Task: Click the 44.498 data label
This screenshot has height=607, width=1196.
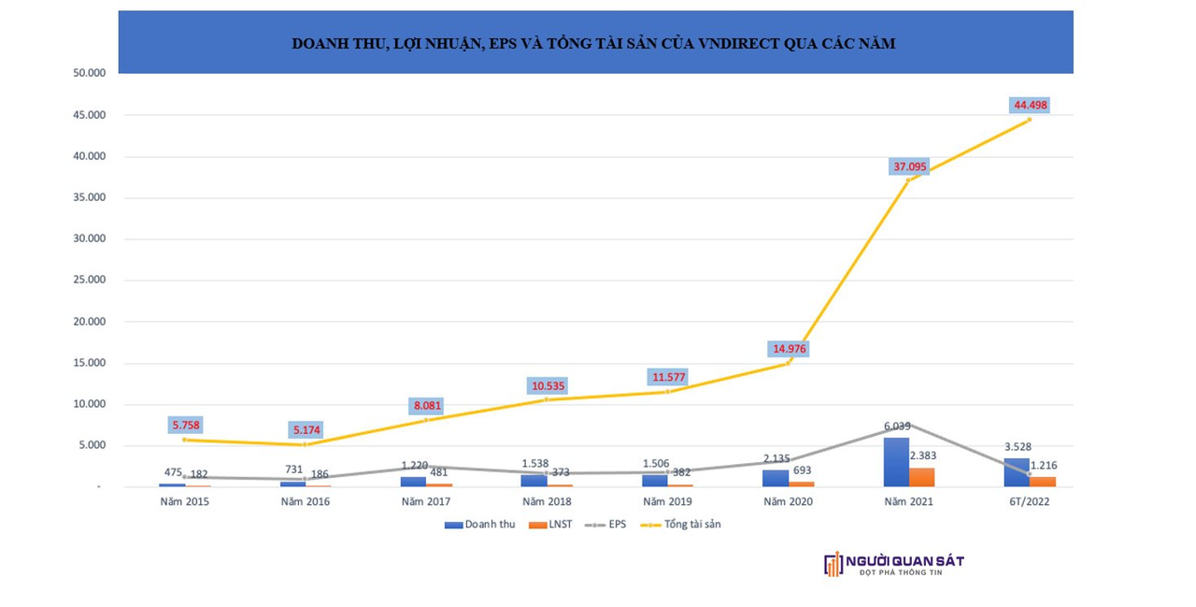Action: point(1031,105)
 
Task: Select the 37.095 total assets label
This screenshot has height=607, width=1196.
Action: point(909,166)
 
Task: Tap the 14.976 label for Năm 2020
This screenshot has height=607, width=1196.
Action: point(789,349)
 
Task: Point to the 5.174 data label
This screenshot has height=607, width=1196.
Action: point(305,430)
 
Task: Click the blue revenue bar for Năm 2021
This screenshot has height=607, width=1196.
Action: point(896,462)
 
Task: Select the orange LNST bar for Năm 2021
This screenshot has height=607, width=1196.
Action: point(921,477)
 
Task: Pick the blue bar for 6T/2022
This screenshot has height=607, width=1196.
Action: point(1017,472)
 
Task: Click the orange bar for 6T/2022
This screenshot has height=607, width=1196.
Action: point(1042,482)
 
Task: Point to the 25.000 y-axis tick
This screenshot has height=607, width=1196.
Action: point(87,280)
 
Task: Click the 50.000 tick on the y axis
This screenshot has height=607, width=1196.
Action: point(87,73)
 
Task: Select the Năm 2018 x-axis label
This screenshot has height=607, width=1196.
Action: point(546,502)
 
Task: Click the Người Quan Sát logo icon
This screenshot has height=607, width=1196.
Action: point(833,564)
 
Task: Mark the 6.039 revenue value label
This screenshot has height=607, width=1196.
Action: point(895,426)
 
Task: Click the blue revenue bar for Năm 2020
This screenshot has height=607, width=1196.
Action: point(776,478)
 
